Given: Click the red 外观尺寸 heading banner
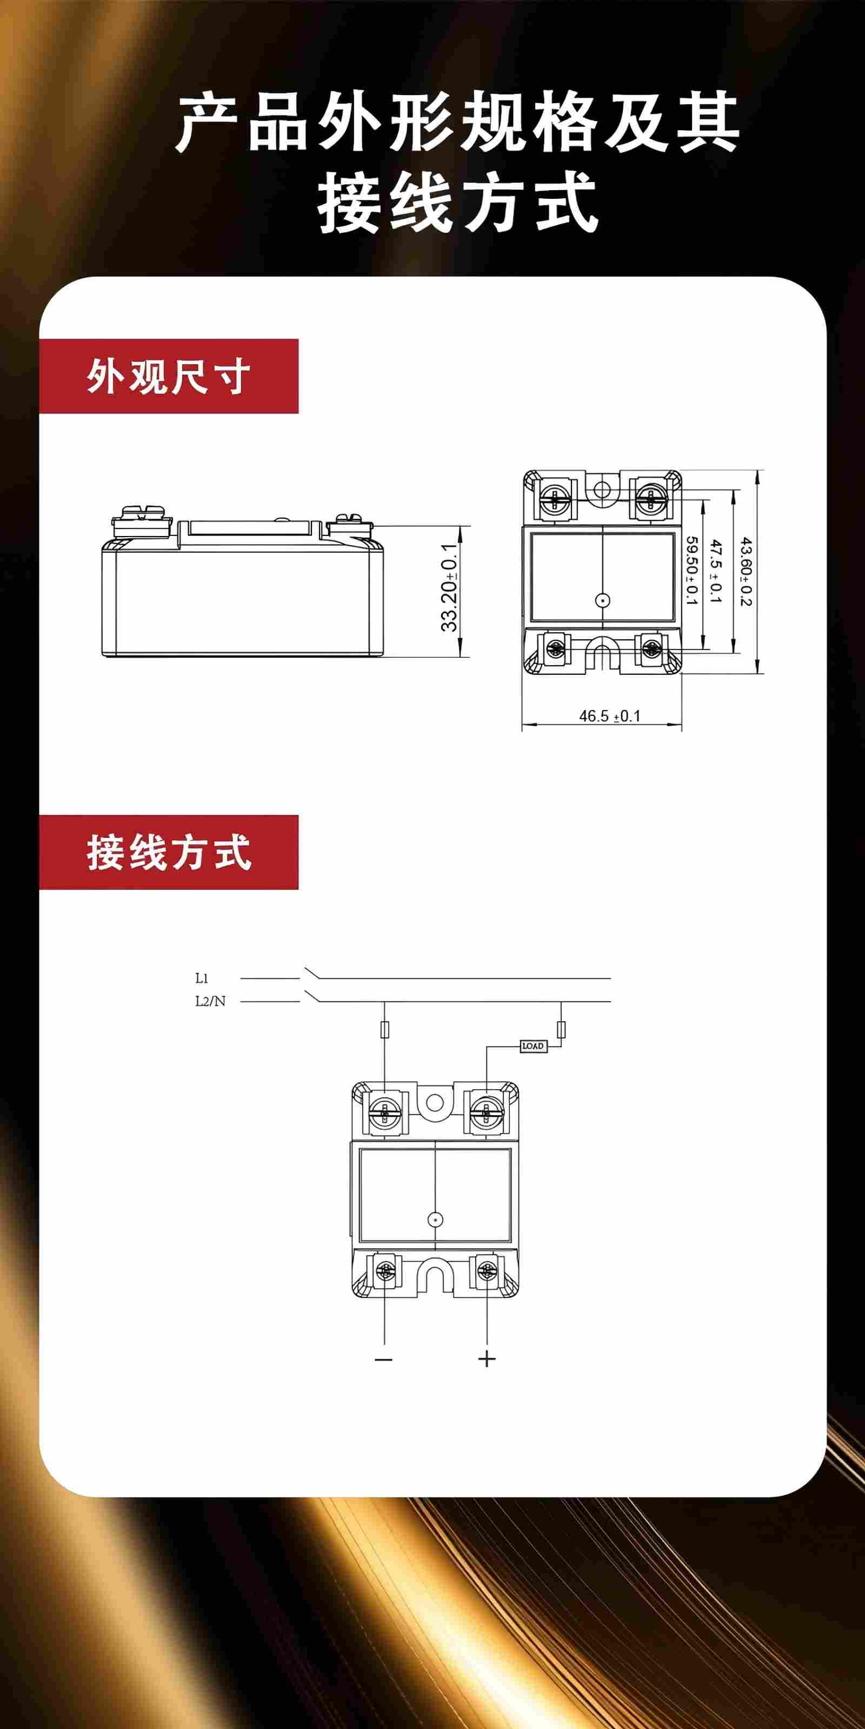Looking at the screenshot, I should pos(169,376).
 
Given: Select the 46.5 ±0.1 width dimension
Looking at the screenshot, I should pos(610,716).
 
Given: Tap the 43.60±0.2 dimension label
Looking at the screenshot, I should pos(746,571).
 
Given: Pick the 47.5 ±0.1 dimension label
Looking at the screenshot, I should pos(716,571).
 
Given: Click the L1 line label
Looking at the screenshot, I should pos(202,978).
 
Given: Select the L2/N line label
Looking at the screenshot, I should pos(210,1001).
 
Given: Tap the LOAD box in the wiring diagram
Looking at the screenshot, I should pos(533,1046).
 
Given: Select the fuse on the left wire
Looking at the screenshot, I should pos(384,1029).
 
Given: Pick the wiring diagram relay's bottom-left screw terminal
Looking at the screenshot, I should pos(385,1269).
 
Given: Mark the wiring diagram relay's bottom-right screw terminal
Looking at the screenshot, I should pos(486,1269).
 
